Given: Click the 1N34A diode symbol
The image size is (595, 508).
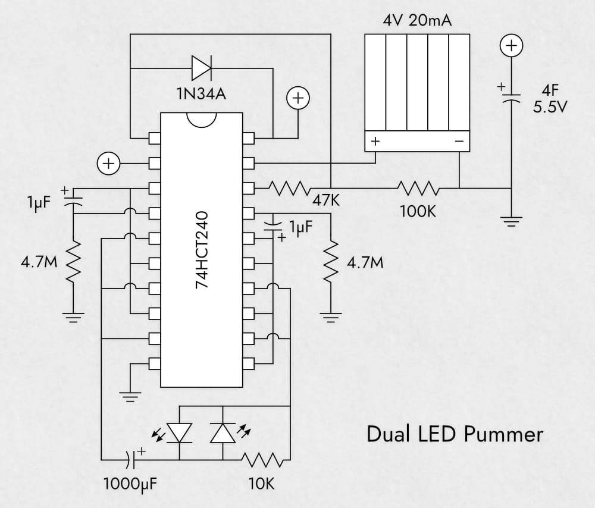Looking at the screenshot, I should click(x=201, y=68).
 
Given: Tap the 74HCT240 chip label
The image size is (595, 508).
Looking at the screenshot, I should click(x=202, y=250).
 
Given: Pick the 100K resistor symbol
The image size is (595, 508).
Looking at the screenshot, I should click(x=420, y=189).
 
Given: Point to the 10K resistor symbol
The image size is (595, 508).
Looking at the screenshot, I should click(x=261, y=460).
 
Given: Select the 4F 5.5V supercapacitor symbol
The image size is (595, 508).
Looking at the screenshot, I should click(x=511, y=96).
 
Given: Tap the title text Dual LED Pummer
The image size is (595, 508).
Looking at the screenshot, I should click(x=455, y=434).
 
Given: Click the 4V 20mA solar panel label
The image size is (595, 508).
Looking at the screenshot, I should click(x=416, y=22).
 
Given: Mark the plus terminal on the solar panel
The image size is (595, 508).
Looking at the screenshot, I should click(x=375, y=142).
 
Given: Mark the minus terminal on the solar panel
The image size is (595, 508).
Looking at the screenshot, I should click(x=459, y=142).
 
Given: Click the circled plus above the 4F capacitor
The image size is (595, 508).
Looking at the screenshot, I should click(x=511, y=45).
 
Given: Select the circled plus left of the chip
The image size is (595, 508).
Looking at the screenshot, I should click(x=109, y=162).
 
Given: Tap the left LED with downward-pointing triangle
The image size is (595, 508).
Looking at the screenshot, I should click(x=179, y=432).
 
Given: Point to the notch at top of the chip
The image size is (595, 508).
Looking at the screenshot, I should click(x=201, y=119).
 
